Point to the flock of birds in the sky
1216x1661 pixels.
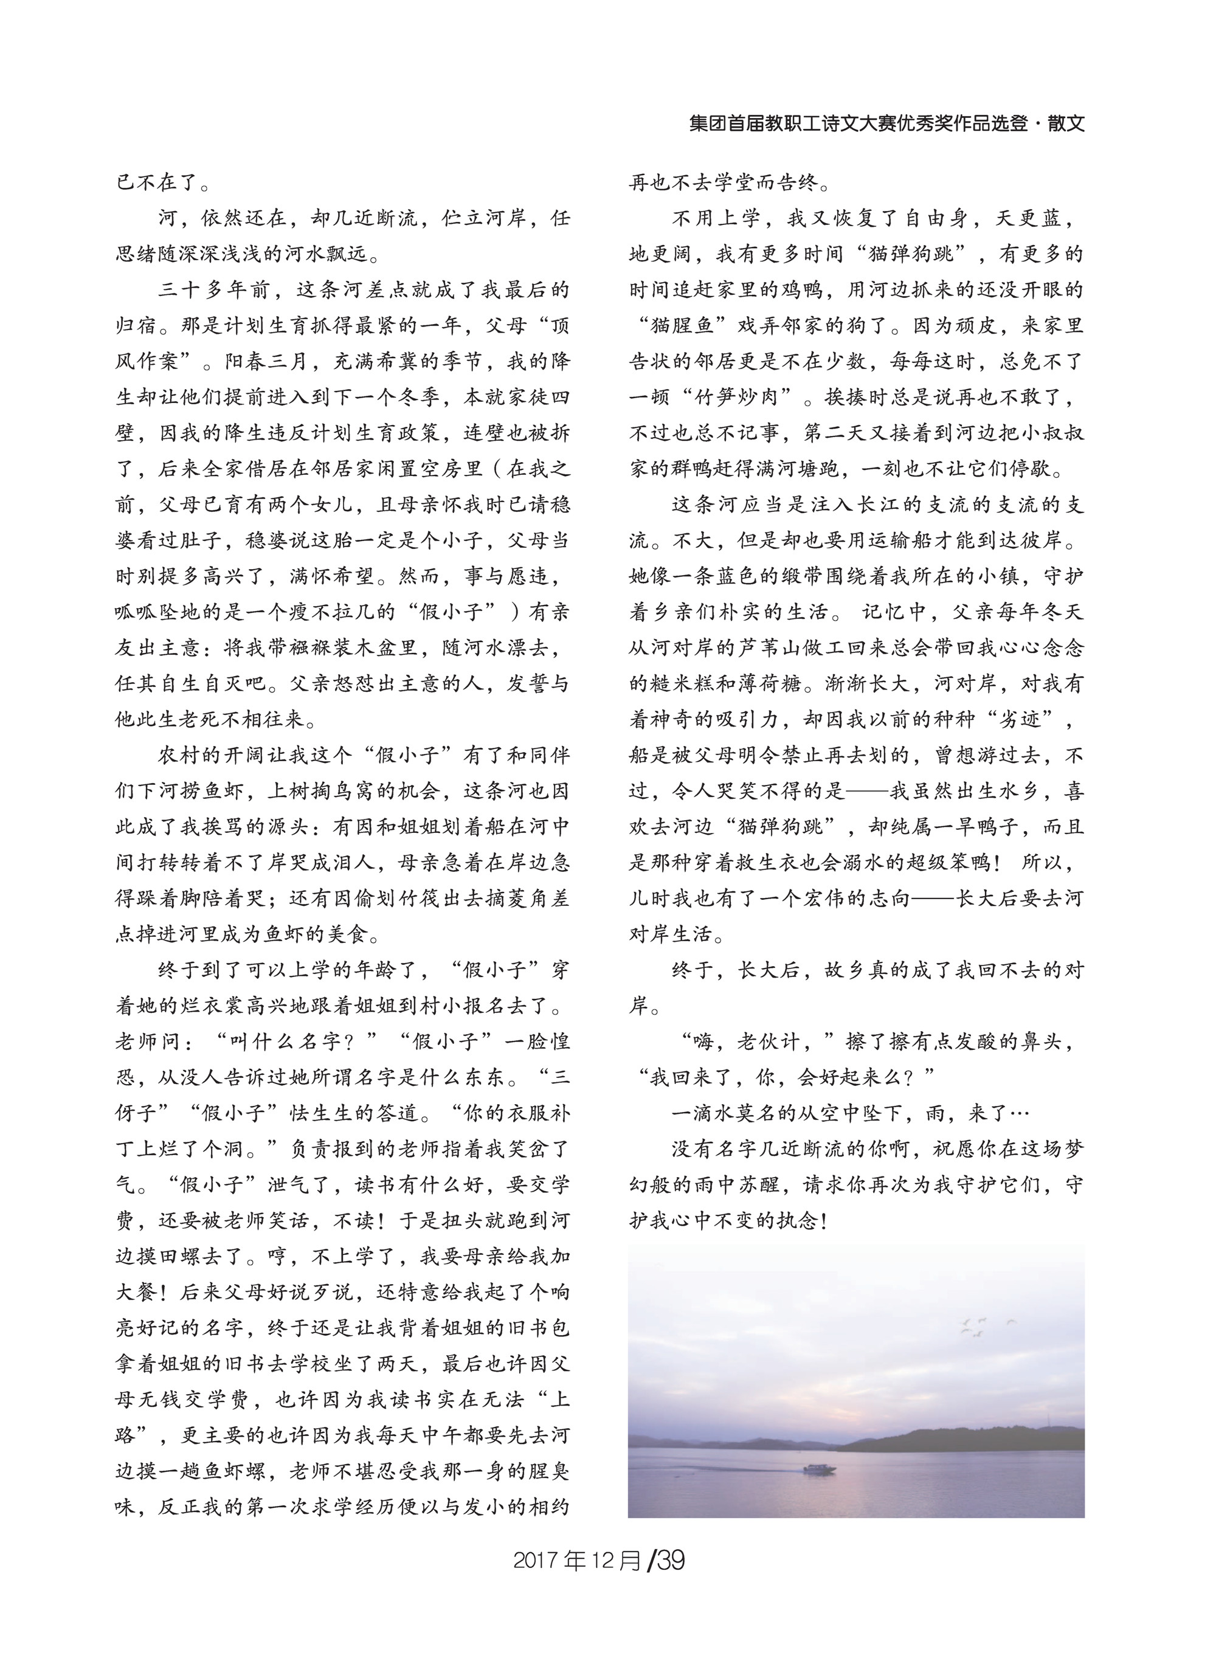985,1325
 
